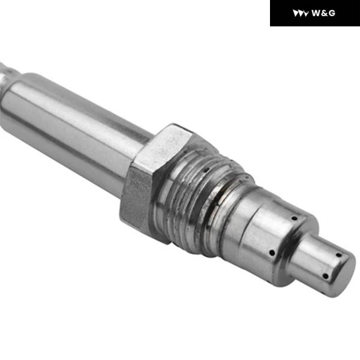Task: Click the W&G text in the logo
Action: tap(323, 13)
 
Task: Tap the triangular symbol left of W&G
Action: tap(301, 13)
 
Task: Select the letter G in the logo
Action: tap(331, 13)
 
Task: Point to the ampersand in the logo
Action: tap(323, 13)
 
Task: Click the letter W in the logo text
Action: tap(316, 13)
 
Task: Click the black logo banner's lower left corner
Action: tap(271, 26)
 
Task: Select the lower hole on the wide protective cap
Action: tap(271, 252)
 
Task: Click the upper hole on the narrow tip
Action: tap(339, 254)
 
